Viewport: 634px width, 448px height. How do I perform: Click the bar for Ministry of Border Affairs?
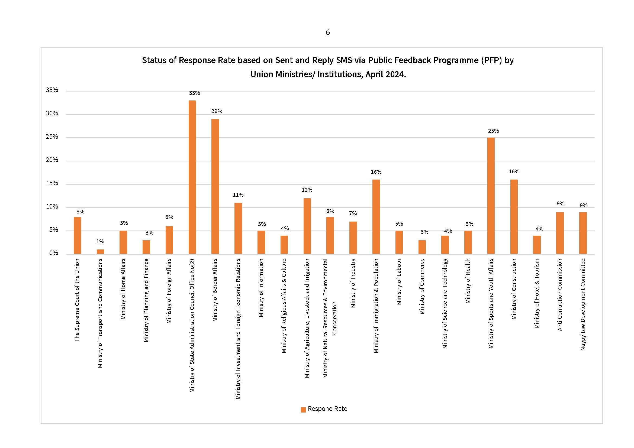coord(215,186)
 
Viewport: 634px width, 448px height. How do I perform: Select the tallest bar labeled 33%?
coord(192,177)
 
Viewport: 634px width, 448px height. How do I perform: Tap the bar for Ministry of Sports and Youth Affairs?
coord(491,196)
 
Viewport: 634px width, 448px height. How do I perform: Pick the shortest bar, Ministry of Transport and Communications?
coord(100,252)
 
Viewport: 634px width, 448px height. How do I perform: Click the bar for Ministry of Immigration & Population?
coord(376,217)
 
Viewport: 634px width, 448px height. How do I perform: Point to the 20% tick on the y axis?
coord(52,160)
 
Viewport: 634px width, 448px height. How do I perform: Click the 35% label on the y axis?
coord(52,90)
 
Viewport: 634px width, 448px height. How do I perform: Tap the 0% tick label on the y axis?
coord(54,253)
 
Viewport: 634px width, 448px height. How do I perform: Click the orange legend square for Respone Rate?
coord(303,410)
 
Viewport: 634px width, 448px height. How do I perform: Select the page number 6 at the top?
coord(328,33)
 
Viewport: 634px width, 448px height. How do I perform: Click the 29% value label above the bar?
coord(217,111)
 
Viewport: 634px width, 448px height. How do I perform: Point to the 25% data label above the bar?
coord(493,131)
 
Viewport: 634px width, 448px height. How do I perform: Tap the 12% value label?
coord(307,190)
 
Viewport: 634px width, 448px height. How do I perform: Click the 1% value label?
coord(100,242)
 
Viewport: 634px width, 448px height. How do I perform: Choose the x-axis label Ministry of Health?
coord(468,281)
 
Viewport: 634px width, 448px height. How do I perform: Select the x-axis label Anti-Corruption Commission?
coord(560,295)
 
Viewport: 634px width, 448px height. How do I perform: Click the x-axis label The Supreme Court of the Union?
coord(77,300)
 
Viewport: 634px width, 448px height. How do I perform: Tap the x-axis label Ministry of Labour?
coord(399,281)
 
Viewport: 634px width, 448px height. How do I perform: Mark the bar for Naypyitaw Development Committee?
coord(583,233)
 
